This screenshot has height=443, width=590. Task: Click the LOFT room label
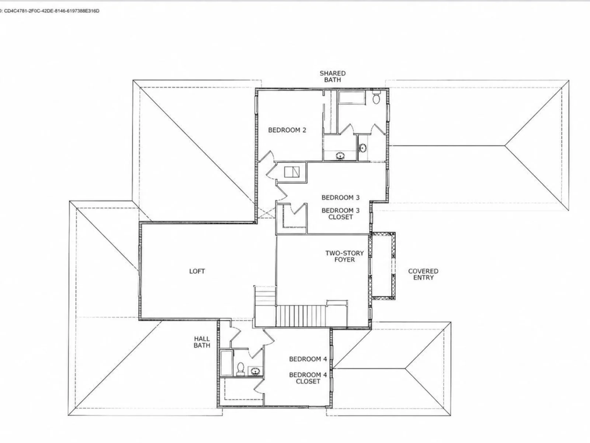click(197, 271)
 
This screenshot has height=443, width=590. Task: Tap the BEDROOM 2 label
click(287, 130)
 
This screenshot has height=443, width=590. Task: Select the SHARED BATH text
click(333, 76)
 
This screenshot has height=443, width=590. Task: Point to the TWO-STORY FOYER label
click(344, 256)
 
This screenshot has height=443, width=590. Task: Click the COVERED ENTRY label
click(423, 274)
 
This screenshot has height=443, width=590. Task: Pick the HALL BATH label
click(202, 342)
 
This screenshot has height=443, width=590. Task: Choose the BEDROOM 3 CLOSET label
click(340, 214)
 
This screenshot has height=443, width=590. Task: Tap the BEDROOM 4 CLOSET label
click(308, 378)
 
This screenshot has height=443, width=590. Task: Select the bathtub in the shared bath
click(352, 97)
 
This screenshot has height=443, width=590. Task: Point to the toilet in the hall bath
click(240, 369)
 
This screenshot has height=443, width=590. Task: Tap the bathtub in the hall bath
click(226, 363)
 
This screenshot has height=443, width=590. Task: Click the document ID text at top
click(50, 11)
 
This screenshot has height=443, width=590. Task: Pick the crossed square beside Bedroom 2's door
click(292, 172)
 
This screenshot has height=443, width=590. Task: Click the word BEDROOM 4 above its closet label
click(308, 359)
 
